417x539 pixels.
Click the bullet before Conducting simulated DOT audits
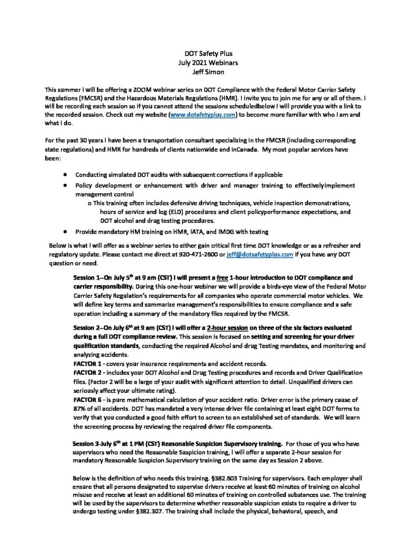(64, 174)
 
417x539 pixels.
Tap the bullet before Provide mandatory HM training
(64, 231)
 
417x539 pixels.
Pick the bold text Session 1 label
(88, 277)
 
